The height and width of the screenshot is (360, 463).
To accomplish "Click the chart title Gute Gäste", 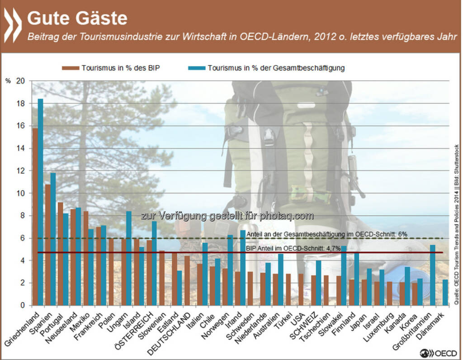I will point(77,18).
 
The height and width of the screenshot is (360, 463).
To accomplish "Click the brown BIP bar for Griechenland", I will point(35,217).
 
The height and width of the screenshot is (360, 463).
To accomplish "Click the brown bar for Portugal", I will point(60,254).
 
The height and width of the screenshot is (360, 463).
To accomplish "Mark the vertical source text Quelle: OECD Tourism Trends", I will point(457,226).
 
